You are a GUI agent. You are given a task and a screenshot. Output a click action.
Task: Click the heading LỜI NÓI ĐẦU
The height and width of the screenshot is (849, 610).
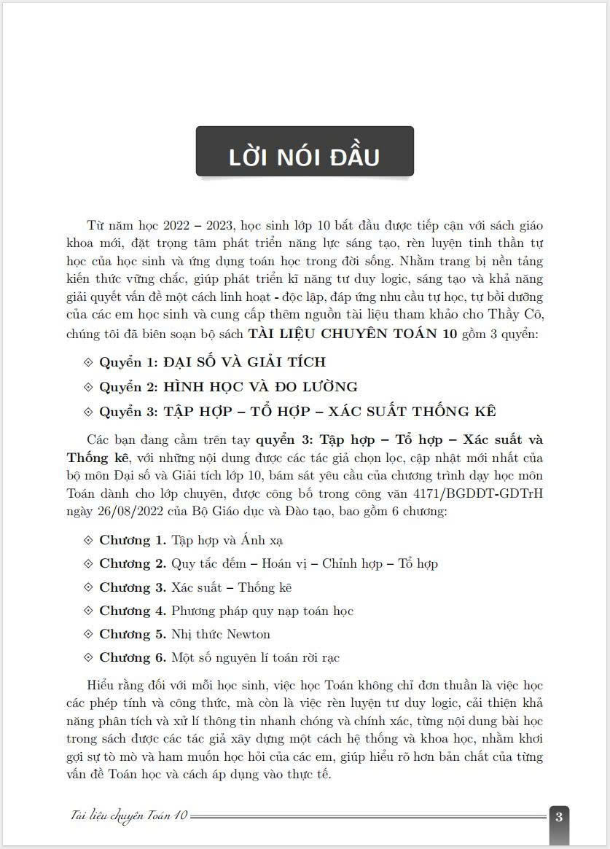click(x=304, y=157)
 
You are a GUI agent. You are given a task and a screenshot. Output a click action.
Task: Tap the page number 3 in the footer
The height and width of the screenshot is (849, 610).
click(x=558, y=816)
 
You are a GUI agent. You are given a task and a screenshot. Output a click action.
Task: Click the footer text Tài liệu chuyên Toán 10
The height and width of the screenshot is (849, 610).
click(x=125, y=816)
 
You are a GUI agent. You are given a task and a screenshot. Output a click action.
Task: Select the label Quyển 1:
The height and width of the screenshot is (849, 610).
click(x=128, y=361)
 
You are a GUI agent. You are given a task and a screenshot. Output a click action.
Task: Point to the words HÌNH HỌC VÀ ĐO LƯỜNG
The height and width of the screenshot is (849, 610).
click(x=260, y=386)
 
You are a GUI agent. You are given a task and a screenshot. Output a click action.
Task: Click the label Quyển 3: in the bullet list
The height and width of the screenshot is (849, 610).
click(x=128, y=411)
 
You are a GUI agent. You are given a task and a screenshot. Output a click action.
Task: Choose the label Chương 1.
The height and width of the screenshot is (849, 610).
click(x=133, y=540)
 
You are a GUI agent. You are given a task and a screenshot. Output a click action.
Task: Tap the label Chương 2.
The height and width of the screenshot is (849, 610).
click(x=133, y=563)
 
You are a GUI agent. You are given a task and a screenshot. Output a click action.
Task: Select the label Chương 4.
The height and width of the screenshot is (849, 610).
click(x=133, y=611)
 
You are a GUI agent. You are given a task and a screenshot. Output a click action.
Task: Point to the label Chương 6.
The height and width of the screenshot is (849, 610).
click(x=133, y=657)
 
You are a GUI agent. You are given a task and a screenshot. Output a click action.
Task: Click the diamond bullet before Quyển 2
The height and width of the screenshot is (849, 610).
click(x=90, y=387)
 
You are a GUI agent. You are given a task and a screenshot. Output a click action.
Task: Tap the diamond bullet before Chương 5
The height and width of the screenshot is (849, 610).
click(x=90, y=634)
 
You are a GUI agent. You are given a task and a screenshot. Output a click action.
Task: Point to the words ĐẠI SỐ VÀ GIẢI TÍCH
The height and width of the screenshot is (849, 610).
click(x=244, y=361)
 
